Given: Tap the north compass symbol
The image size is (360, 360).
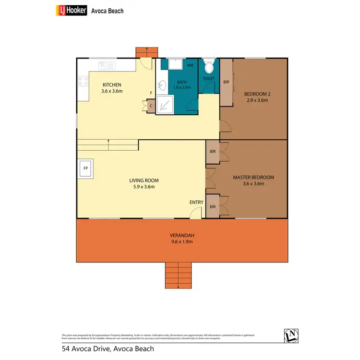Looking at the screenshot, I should pos(292,336).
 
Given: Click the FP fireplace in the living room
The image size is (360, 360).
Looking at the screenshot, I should pos(86,168).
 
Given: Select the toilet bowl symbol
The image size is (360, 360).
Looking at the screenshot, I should pos(209,66).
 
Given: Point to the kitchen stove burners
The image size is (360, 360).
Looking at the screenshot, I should pos(83,81).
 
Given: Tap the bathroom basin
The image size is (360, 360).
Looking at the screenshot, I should pos(163,85).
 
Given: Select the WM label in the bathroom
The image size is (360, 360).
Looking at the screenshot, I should pos(190,65).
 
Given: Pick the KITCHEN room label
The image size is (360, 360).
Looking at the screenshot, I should pos(111,84).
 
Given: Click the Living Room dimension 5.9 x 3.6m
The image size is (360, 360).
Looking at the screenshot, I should pos(144,187).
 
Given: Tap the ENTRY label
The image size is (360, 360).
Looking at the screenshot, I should pos(197,203).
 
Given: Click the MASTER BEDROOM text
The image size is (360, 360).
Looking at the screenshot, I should pos(253,177).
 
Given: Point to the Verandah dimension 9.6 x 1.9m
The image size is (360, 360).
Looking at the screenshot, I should pos(181,242).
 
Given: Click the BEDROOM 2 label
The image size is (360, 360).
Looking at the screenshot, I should pos(256,94).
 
